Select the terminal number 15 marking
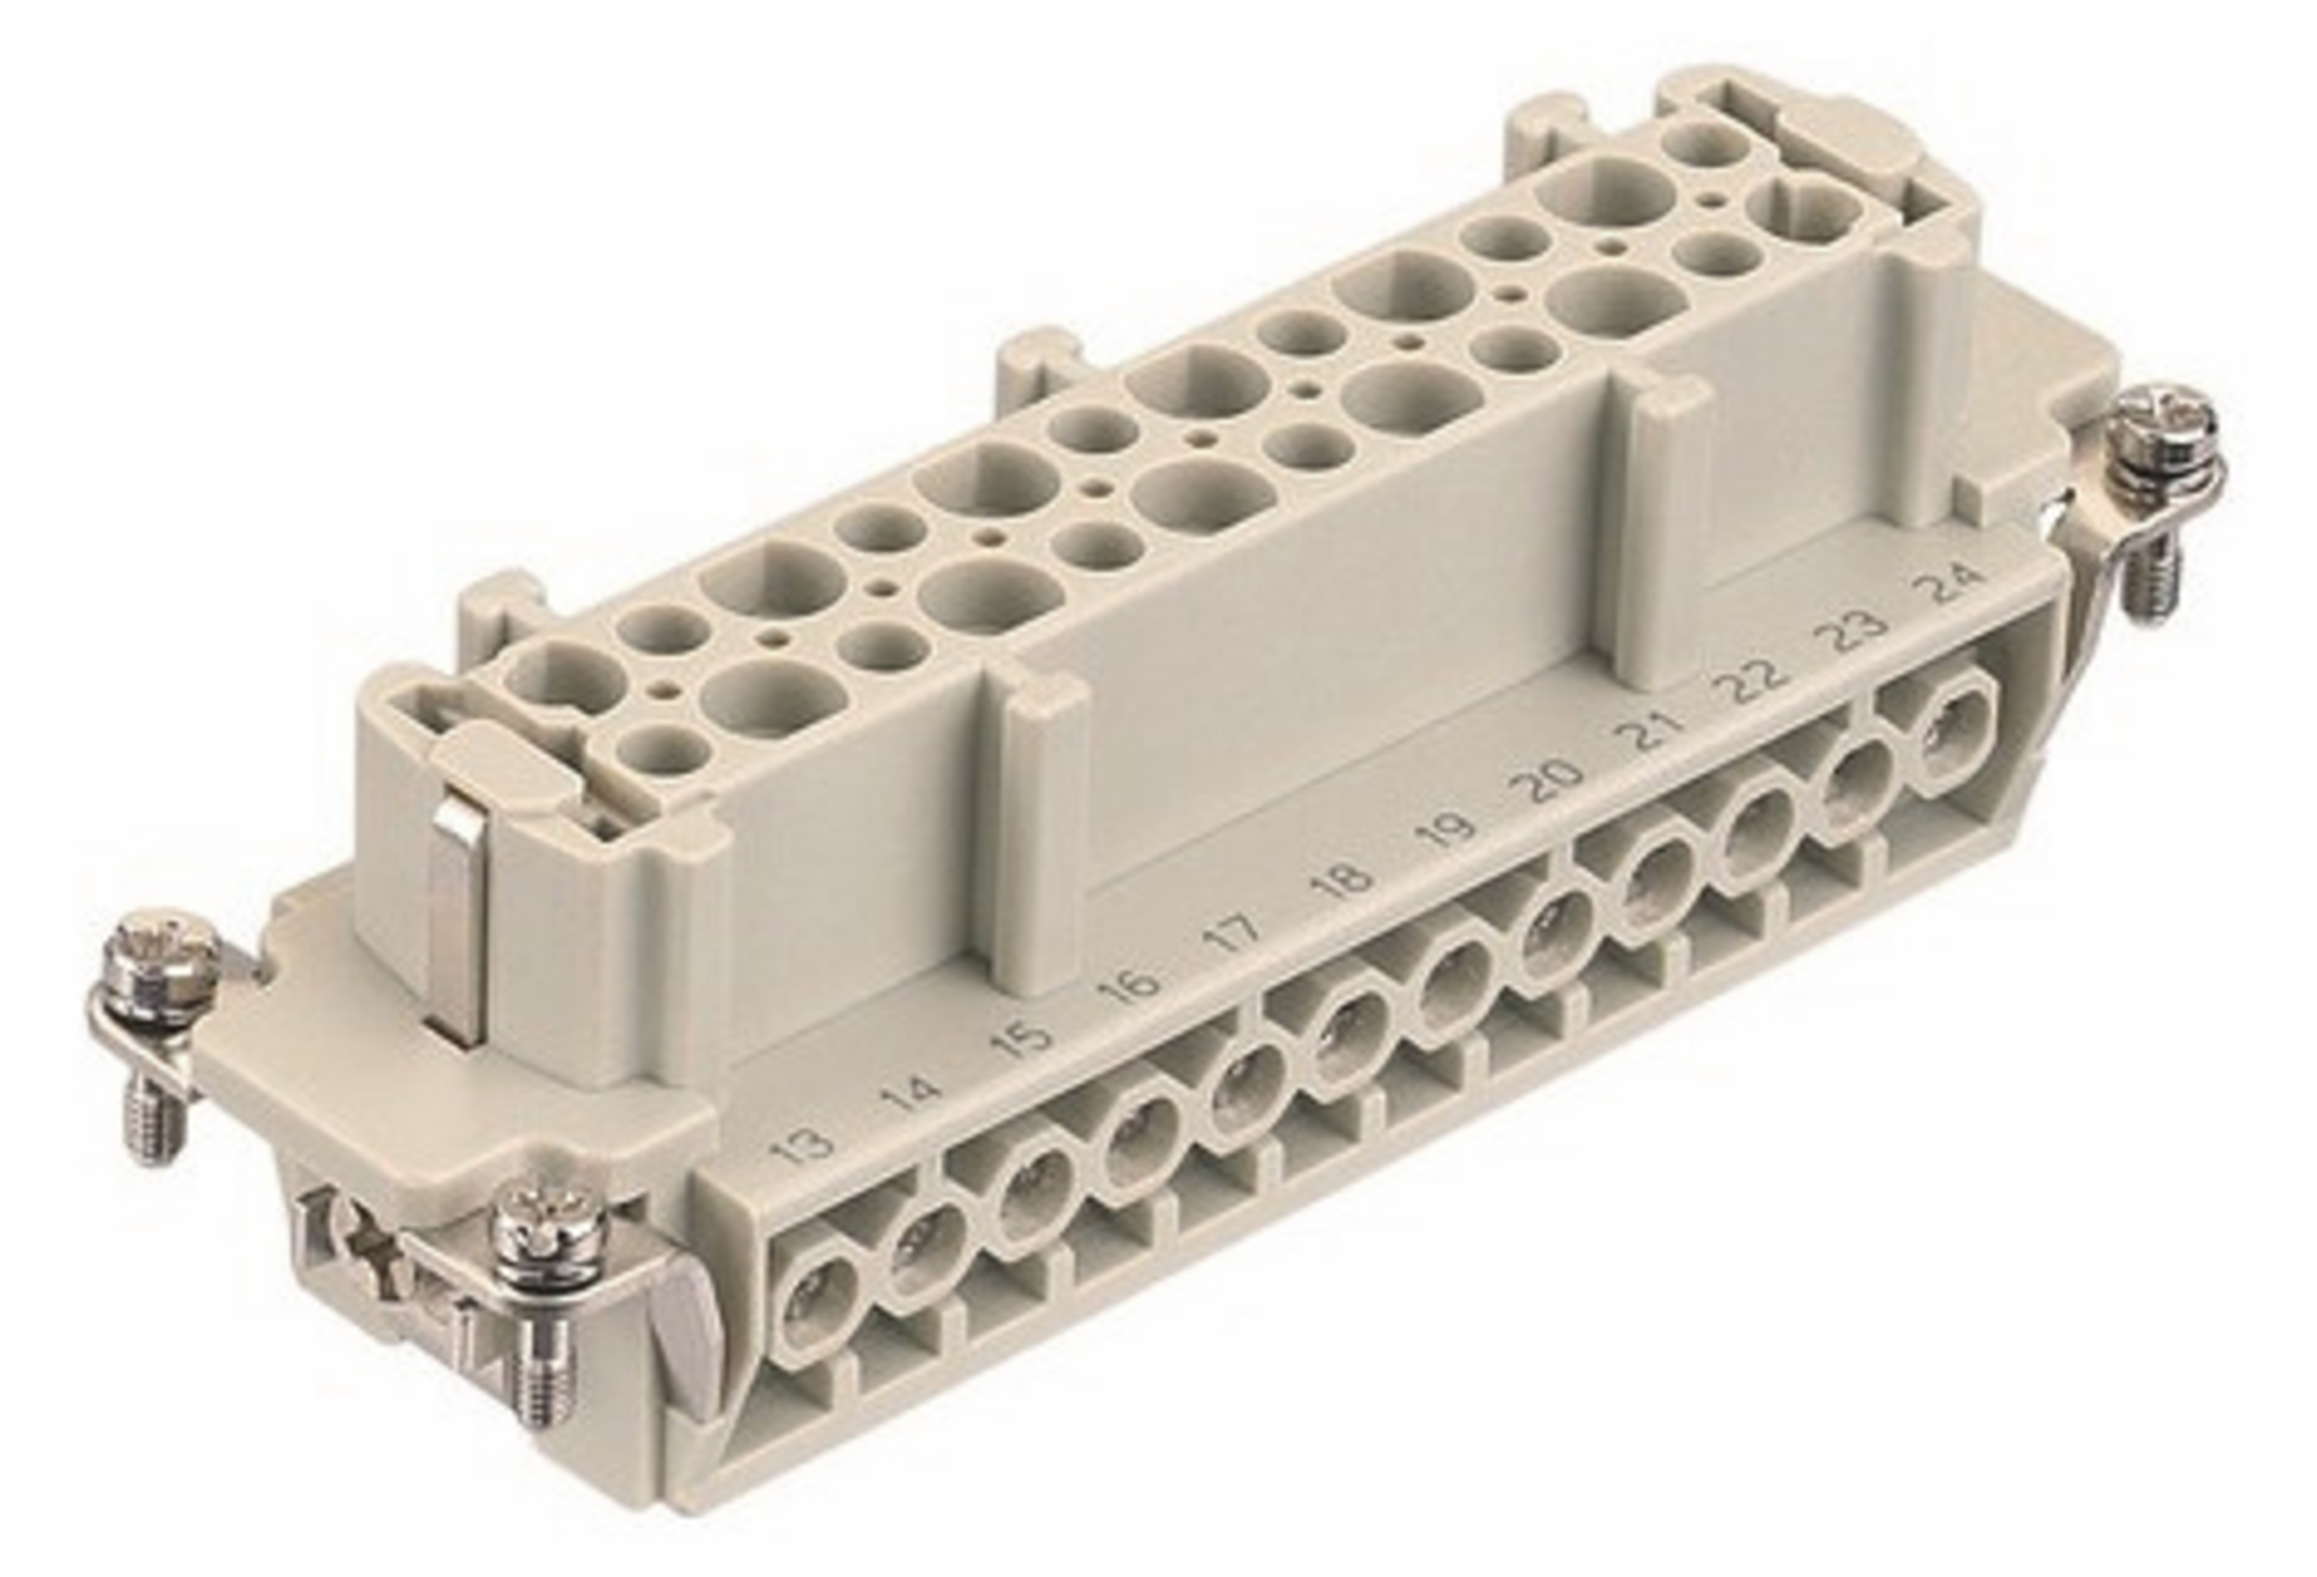(1023, 1037)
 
